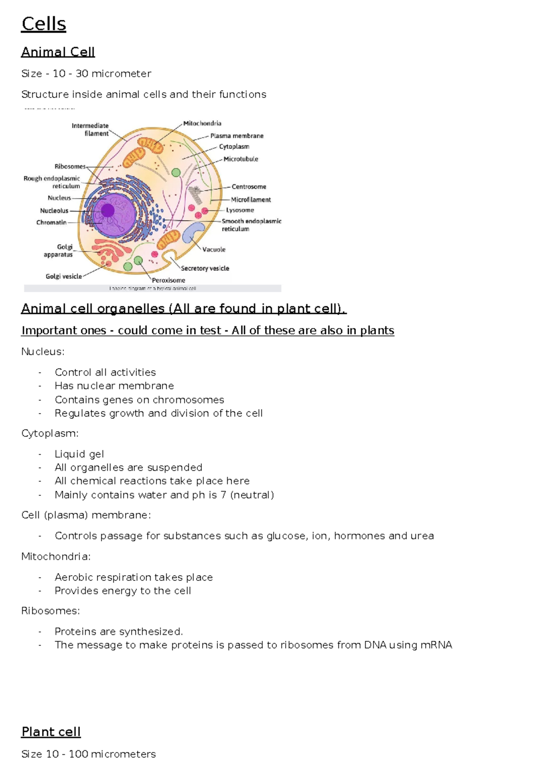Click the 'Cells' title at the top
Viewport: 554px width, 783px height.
[44, 24]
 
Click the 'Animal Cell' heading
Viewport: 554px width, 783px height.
[58, 52]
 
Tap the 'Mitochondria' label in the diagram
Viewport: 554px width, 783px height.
[202, 123]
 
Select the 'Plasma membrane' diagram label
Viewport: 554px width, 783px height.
[237, 136]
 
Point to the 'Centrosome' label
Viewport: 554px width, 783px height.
[249, 187]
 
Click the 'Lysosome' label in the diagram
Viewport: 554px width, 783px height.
[240, 210]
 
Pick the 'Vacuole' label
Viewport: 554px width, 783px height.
[214, 249]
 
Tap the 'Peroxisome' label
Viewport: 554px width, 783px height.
[169, 280]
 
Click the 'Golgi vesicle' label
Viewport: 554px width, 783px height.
[64, 276]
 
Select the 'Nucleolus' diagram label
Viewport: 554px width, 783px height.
[54, 211]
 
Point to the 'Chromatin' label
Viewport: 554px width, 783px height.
[51, 222]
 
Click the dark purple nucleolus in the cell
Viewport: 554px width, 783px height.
[108, 211]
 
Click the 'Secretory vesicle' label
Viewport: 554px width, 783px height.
[205, 268]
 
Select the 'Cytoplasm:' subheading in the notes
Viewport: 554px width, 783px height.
[50, 434]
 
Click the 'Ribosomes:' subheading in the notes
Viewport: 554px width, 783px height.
[50, 611]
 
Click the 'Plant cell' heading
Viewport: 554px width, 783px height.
[51, 732]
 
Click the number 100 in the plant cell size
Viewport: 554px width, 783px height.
[78, 754]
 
